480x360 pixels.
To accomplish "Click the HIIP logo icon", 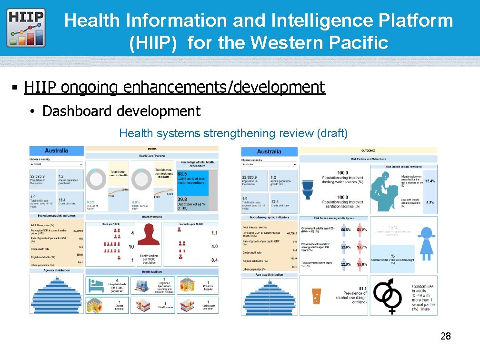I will (x=26, y=28).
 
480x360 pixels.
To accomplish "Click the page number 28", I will (x=445, y=337).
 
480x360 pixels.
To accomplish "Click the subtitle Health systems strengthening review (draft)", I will (x=233, y=133).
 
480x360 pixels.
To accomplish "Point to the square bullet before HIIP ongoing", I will (x=15, y=88).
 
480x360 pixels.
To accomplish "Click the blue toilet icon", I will (x=308, y=189).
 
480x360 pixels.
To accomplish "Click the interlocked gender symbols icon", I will (x=391, y=296).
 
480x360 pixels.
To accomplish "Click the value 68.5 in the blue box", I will (x=182, y=174).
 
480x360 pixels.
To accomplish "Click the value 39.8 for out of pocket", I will (x=182, y=200).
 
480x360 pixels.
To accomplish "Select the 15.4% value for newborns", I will (x=430, y=181).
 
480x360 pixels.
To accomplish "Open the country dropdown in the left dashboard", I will (x=56, y=164).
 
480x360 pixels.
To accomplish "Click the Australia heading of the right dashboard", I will (x=269, y=152).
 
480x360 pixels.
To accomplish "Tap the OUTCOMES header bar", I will (x=368, y=150).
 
